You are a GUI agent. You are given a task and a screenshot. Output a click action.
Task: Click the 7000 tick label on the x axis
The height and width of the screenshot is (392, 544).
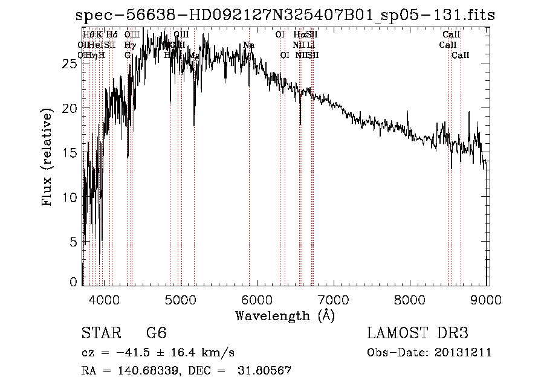[x=334, y=301]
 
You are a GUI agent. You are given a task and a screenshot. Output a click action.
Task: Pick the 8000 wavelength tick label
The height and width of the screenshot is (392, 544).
[x=411, y=301]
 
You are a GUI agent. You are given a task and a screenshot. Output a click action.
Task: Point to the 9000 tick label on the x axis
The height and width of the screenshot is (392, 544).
[x=487, y=301]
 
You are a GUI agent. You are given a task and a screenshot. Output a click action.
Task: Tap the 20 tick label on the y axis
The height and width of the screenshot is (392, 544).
[x=70, y=108]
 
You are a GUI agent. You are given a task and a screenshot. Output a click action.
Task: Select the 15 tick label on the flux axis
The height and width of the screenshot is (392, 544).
[x=70, y=153]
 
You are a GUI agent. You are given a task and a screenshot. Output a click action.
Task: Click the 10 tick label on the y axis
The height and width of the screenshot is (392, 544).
[x=70, y=198]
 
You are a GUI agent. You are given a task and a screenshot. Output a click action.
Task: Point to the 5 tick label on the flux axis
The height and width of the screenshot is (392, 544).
[x=73, y=242]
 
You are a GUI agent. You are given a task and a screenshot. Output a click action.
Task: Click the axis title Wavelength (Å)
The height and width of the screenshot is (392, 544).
[x=285, y=315]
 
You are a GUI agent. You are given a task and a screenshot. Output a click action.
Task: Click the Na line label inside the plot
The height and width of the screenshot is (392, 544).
[x=248, y=45]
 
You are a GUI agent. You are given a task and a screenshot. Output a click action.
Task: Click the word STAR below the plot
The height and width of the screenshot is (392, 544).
[x=100, y=333]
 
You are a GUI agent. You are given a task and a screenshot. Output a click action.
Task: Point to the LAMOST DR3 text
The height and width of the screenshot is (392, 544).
[x=417, y=333]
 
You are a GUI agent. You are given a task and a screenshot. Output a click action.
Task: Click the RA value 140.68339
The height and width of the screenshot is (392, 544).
[x=144, y=371]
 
